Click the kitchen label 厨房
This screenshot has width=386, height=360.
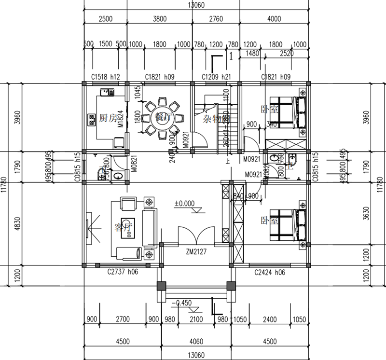108,118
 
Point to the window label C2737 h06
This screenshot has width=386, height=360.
123,272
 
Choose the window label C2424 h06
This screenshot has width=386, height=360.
270,272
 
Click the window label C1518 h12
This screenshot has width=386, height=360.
106,77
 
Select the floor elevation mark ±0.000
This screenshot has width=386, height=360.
184,204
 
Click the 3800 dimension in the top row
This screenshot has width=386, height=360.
160,19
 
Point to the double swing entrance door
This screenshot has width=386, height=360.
195,236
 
